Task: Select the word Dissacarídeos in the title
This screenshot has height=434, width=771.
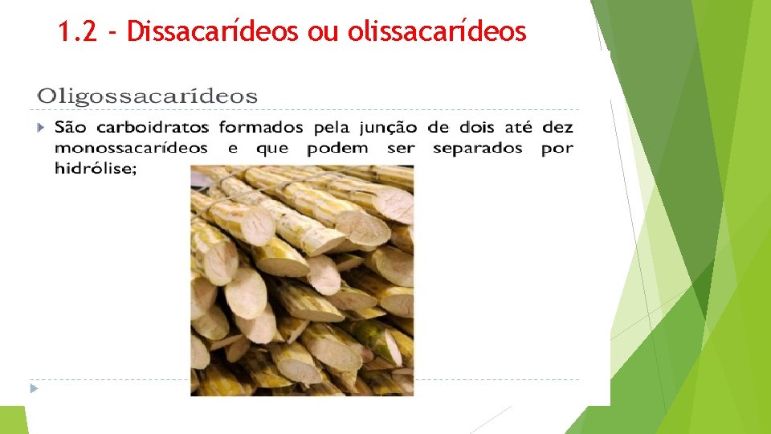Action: click(214, 31)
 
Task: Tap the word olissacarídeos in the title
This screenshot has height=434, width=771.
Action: click(437, 31)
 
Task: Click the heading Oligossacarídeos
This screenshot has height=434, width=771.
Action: click(147, 97)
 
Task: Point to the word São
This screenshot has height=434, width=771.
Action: click(71, 128)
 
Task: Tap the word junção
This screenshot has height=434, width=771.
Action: click(388, 129)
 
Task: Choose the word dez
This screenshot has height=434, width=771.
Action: click(557, 128)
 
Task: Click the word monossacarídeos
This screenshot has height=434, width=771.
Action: click(131, 149)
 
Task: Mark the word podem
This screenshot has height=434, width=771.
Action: click(337, 149)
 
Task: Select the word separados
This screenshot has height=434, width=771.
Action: click(477, 149)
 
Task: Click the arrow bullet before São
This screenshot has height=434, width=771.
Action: click(42, 128)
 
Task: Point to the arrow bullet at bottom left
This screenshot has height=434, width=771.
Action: click(34, 388)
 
